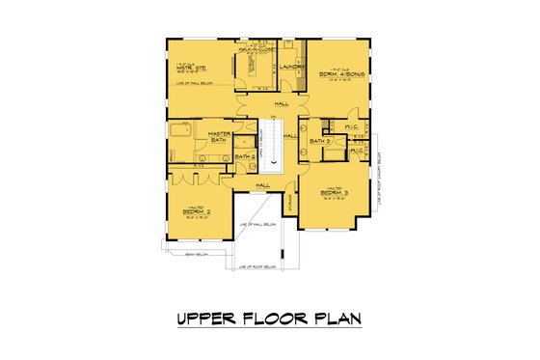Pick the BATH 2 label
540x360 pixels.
click(245, 155)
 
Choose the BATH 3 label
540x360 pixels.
click(321, 142)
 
